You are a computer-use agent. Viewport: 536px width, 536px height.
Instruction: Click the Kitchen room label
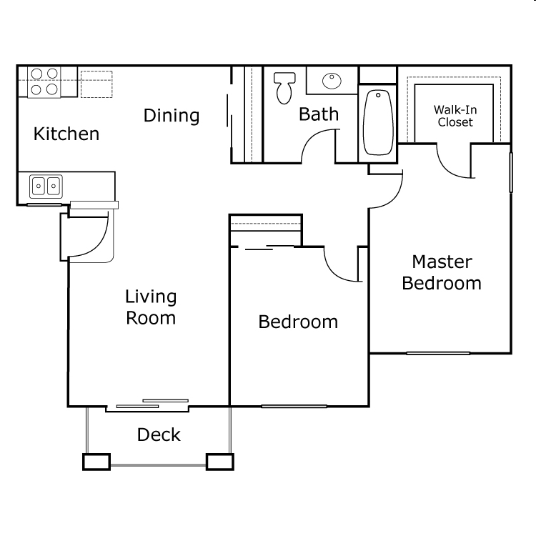66,134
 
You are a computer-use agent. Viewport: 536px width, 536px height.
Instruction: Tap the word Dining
172,115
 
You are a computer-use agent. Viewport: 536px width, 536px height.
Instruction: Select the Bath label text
319,114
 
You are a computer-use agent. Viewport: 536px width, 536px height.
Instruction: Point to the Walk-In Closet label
454,116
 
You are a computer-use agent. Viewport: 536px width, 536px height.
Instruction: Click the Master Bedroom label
441,272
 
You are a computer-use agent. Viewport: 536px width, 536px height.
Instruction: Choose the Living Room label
151,307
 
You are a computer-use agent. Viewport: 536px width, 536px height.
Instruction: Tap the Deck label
159,435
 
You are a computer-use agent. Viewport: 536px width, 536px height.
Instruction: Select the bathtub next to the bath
377,122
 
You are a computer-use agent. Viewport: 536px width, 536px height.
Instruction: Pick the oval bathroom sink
332,80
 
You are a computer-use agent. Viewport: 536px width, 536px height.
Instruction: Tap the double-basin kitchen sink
45,187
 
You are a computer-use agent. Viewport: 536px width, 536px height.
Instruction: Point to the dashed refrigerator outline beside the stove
96,83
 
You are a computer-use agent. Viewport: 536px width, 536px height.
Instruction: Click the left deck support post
96,462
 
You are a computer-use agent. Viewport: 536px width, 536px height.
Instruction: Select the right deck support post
219,462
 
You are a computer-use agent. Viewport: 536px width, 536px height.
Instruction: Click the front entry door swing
89,236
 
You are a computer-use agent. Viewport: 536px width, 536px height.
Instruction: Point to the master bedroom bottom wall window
438,353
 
